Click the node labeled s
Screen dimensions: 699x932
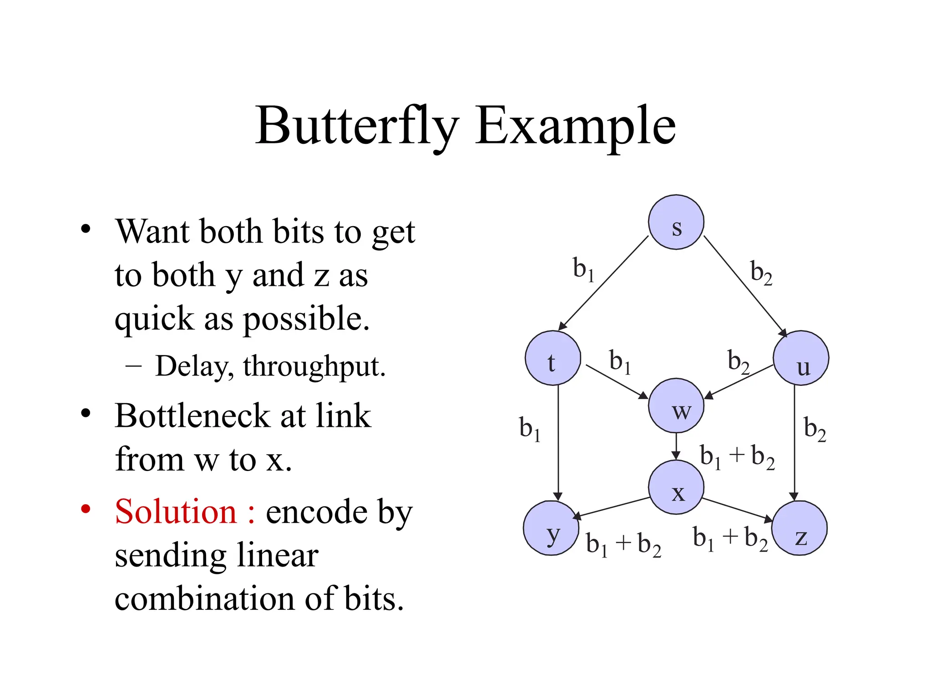676,222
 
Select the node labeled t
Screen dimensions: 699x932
552,358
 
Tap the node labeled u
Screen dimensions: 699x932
800,358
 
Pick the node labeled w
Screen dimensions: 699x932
676,405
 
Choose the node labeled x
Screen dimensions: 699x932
676,487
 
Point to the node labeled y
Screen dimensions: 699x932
551,528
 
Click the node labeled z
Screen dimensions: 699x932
799,528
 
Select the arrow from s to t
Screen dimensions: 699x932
603,283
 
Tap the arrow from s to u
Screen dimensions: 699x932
745,286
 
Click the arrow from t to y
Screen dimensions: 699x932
558,441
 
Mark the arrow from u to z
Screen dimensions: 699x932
794,441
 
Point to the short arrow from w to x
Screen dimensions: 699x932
676,446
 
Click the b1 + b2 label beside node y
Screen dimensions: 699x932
623,544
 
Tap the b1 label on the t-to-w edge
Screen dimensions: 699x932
620,362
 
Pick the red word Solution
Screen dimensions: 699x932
176,512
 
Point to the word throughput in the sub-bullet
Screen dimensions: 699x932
314,367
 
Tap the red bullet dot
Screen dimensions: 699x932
86,508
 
